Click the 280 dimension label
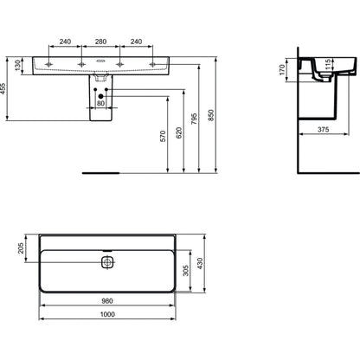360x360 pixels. tap(100, 42)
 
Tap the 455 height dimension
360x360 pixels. tap(3, 89)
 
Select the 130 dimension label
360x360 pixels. tap(18, 66)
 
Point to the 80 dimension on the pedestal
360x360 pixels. tap(100, 103)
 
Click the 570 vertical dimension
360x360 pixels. tap(163, 136)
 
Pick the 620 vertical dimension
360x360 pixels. tap(179, 132)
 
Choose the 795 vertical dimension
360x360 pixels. tap(194, 119)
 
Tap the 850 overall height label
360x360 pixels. tap(211, 115)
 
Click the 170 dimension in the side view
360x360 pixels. tap(282, 69)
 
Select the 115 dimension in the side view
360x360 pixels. tap(327, 65)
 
